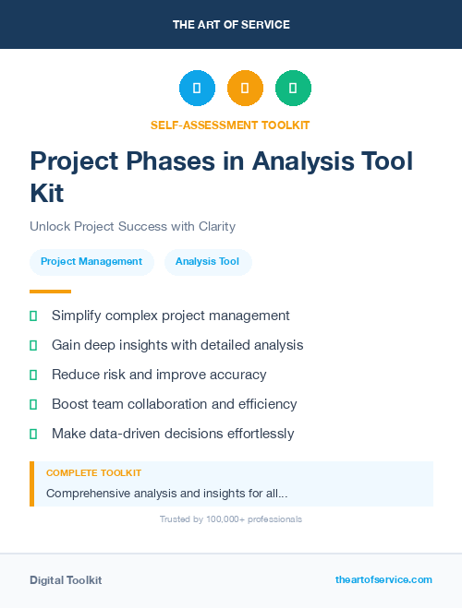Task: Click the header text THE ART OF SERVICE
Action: coord(231,25)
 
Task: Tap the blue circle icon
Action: coord(197,89)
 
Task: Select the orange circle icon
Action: coord(245,89)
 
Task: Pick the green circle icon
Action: coord(293,89)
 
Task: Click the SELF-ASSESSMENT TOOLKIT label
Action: coord(231,125)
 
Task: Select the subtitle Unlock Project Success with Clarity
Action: coord(132,226)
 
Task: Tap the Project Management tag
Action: coord(91,261)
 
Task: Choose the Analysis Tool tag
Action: coord(207,261)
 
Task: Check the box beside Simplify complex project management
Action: coord(33,316)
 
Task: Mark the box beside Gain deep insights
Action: coord(33,345)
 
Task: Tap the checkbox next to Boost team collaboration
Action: coord(33,404)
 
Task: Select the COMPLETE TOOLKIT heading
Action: coord(93,472)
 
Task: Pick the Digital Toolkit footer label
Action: coord(66,580)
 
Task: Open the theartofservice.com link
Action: coord(383,579)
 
